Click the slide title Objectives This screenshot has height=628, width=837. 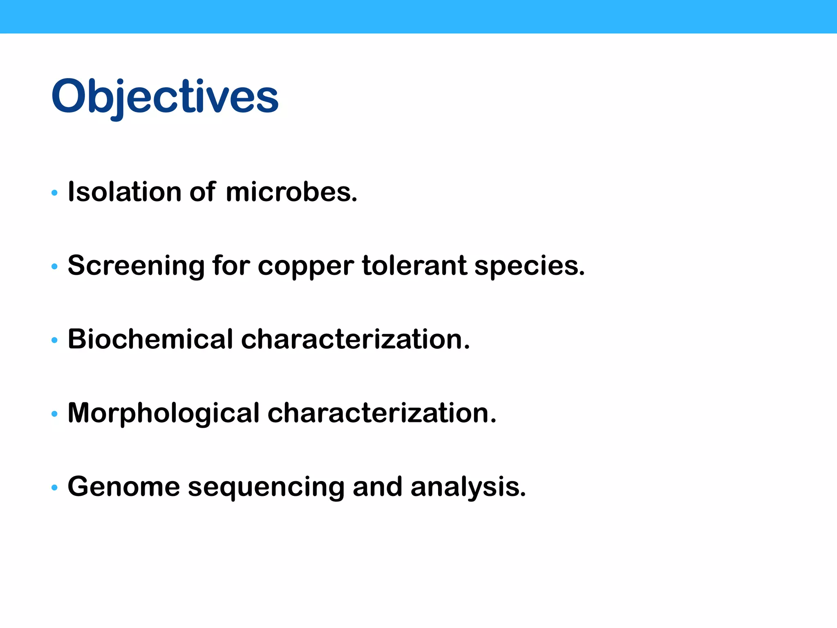point(165,96)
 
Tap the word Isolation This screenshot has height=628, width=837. point(124,192)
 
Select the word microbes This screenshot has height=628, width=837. point(291,192)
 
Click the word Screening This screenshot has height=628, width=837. point(136,266)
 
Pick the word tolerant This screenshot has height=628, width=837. point(414,265)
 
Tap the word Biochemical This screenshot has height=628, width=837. point(150,339)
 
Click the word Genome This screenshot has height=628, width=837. point(123,487)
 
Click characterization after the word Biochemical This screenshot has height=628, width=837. point(355,339)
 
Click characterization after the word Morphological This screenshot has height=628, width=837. point(382,413)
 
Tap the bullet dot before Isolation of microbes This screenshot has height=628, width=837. point(54,193)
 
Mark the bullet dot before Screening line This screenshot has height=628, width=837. point(54,267)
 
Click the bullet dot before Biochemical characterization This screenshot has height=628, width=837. point(54,340)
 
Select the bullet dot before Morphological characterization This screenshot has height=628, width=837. point(54,414)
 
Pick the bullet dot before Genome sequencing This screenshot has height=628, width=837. point(54,487)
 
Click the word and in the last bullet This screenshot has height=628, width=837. point(377,487)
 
